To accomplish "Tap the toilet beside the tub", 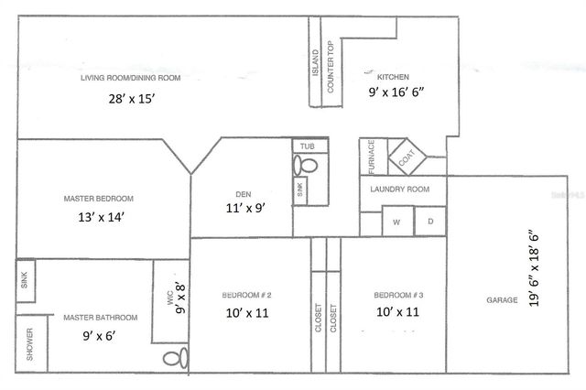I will point(305,165).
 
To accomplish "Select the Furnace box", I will point(371,157).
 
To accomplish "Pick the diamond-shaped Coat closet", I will point(407,157).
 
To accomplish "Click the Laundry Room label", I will point(399,190).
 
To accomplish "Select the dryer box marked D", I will point(430,222).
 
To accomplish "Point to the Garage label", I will point(503,299).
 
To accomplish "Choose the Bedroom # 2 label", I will point(246,295).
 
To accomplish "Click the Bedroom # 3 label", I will point(397,295).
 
